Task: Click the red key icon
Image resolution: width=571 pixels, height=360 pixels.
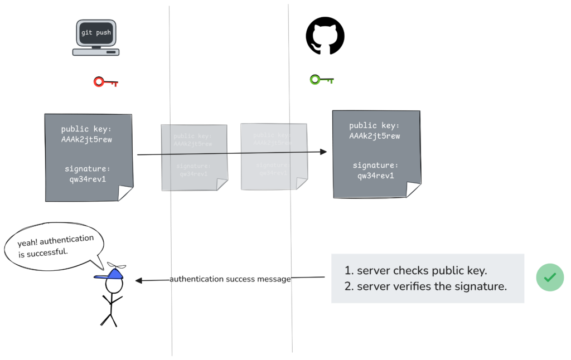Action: (105, 82)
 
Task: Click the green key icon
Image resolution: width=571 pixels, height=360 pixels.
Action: (321, 80)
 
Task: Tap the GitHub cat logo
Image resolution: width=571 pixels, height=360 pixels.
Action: (325, 35)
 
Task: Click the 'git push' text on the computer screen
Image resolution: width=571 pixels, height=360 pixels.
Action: (96, 32)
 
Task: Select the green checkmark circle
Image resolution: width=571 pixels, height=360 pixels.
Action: (550, 277)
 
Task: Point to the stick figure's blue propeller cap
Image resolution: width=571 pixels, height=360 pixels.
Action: (112, 273)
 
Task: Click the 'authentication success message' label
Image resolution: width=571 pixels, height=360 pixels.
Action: (230, 279)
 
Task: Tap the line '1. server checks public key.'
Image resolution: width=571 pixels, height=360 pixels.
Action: (415, 271)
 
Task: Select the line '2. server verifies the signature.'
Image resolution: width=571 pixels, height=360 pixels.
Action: (425, 287)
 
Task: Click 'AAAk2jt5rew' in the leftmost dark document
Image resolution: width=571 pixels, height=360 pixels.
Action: (86, 139)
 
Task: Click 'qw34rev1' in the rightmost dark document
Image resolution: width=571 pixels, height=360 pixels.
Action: (375, 176)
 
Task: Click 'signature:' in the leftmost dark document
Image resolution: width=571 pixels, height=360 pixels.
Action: (86, 168)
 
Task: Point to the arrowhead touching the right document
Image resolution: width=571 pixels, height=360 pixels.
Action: (323, 151)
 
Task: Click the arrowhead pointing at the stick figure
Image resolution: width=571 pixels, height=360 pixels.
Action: (139, 280)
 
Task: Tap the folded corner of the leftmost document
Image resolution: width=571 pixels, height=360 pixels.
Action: (125, 193)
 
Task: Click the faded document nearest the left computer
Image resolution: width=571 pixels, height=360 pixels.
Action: (194, 157)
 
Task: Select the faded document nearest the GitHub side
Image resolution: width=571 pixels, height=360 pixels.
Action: (273, 156)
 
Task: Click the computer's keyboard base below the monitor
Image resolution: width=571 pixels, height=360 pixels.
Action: (96, 52)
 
